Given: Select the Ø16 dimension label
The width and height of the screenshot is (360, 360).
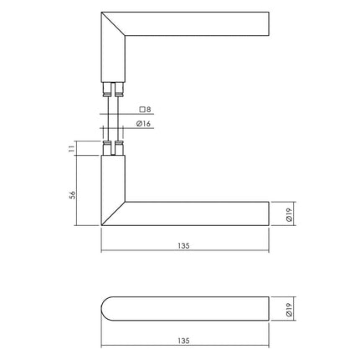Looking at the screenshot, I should tap(143, 125).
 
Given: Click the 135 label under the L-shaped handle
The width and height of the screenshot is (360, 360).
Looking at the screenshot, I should tap(184, 246).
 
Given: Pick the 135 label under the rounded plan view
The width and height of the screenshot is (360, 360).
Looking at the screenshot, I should tap(184, 341).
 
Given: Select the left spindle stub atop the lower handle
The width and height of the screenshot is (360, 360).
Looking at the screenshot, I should tap(106, 150).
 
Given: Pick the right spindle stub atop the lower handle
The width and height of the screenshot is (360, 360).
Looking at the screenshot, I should tap(119, 150).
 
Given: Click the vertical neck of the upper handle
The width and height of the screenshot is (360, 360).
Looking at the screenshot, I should tap(113, 59).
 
